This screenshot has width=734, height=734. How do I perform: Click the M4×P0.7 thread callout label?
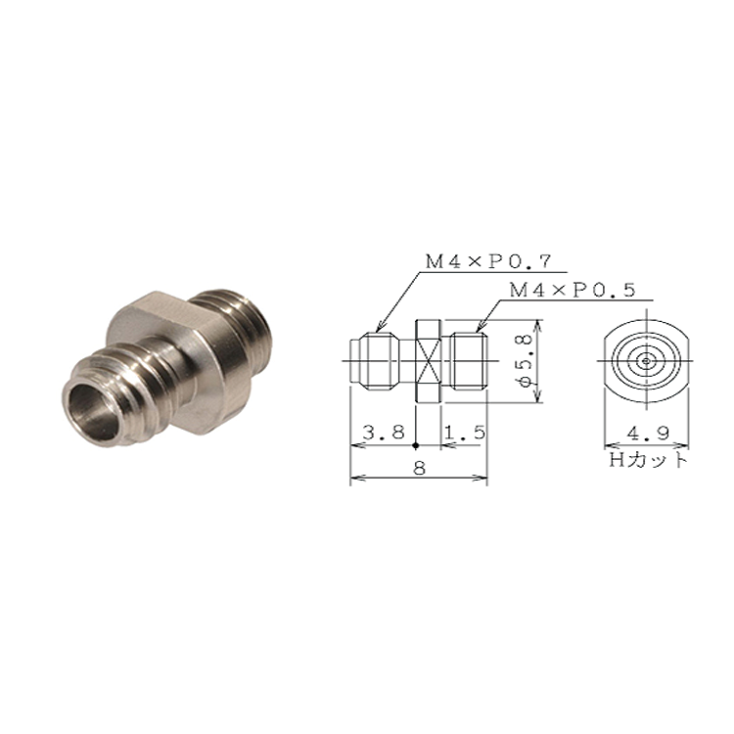(488, 262)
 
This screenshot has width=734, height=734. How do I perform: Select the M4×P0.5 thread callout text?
(573, 291)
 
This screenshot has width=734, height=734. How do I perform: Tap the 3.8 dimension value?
(384, 433)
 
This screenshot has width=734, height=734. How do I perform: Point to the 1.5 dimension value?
(465, 433)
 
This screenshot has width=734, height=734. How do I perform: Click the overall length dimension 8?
(420, 467)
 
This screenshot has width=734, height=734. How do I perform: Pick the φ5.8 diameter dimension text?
(526, 360)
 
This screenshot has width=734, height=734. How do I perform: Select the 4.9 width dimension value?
(648, 434)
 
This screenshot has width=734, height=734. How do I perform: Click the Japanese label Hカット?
(648, 460)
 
